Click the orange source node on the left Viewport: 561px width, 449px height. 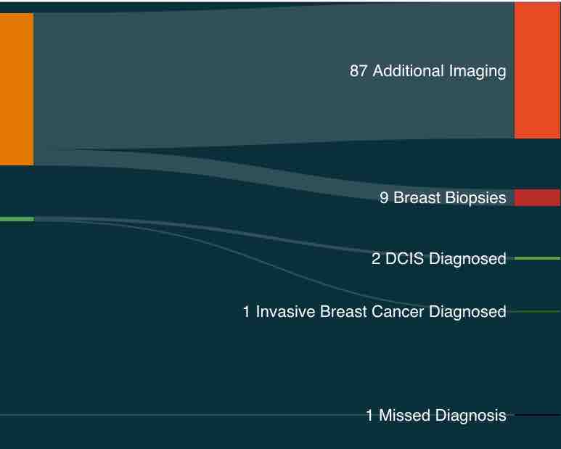point(17,89)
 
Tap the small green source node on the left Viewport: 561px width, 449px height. point(17,219)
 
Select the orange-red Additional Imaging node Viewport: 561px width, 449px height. point(537,70)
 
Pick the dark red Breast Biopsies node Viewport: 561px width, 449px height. point(537,198)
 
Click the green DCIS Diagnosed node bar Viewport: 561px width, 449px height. point(537,258)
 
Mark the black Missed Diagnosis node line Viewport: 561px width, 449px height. point(537,415)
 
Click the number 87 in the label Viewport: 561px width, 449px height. point(359,71)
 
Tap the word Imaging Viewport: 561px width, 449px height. point(478,72)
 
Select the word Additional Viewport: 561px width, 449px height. point(409,70)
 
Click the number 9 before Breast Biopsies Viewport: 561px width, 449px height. point(384,198)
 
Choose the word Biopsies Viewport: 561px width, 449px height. point(475,199)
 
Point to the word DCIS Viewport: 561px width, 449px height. point(405,258)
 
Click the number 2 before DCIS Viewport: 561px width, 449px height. point(376,258)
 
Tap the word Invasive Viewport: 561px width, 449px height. point(285,311)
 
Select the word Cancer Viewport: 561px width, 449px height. point(398,312)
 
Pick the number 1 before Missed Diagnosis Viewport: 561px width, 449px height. point(370,416)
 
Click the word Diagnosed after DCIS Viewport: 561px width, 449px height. point(467,259)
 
